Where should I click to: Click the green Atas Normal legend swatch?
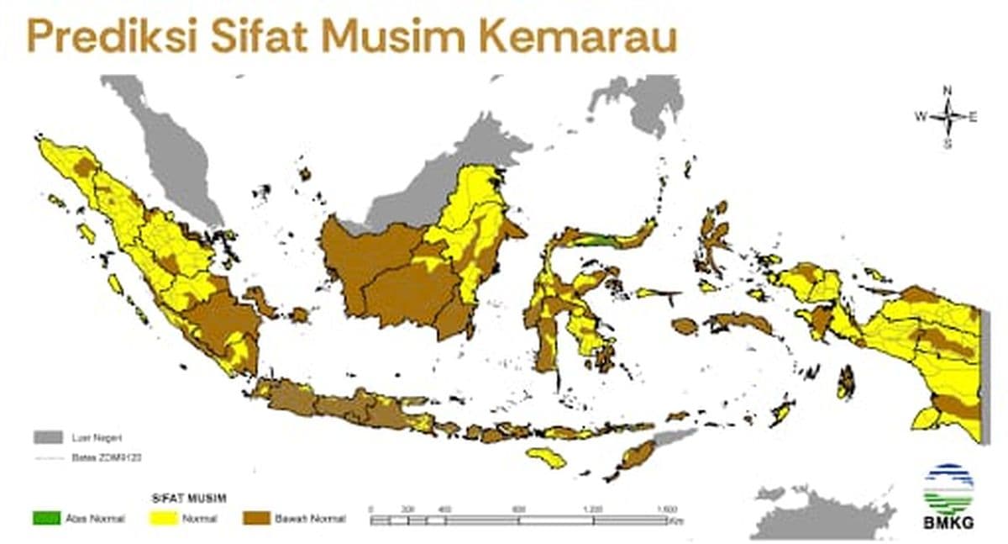[46, 519]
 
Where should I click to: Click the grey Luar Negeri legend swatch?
[47, 437]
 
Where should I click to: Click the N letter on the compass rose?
[947, 90]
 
